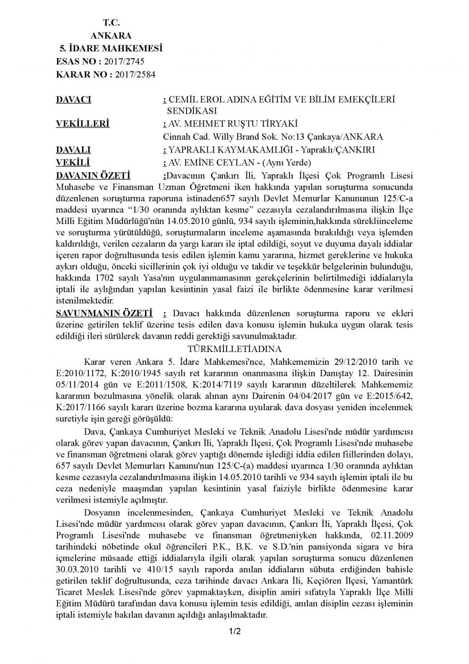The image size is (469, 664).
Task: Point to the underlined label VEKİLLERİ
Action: (82, 124)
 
